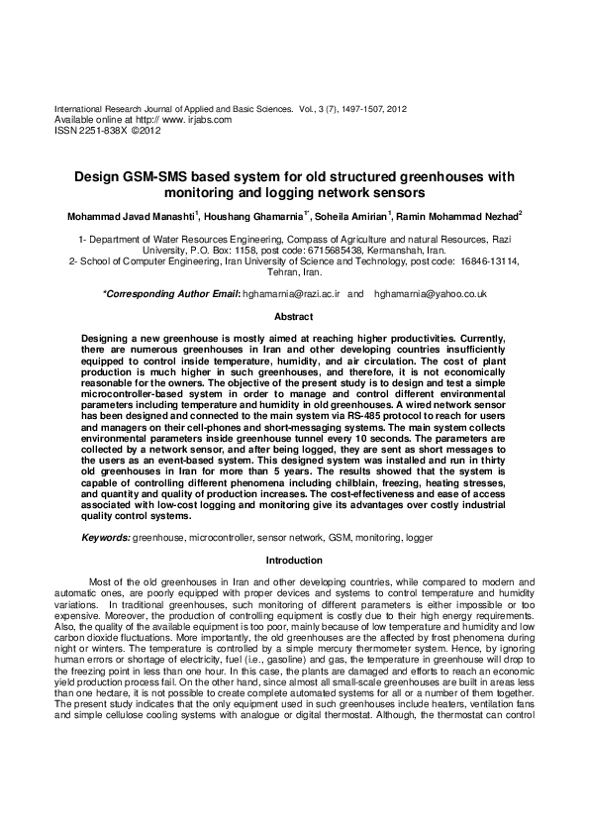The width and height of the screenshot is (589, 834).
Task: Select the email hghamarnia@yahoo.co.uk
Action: [431, 295]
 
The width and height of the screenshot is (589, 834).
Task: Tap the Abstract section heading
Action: [293, 317]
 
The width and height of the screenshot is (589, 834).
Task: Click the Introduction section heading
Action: [295, 561]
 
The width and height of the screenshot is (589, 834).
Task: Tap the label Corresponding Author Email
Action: [171, 295]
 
